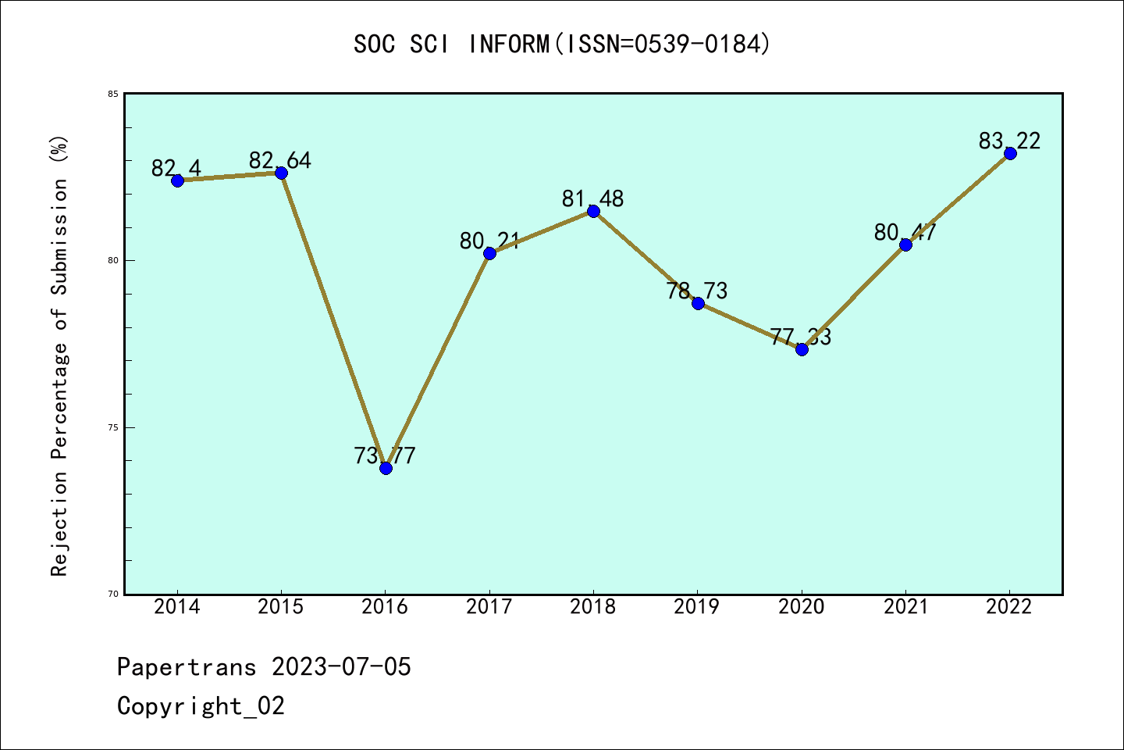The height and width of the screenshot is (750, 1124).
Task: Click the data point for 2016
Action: click(386, 468)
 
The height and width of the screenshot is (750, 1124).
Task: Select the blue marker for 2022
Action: click(1010, 153)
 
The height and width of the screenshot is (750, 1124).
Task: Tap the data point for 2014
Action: click(177, 180)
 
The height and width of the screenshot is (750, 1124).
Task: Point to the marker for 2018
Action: click(593, 211)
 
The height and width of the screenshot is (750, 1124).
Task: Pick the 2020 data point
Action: click(802, 349)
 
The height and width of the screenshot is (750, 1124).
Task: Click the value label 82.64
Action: click(280, 160)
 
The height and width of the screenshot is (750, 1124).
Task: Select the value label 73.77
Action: click(385, 455)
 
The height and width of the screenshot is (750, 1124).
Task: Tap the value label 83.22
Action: click(1009, 141)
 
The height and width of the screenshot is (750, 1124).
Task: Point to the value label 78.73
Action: click(697, 291)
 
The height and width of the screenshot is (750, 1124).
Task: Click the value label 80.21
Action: click(489, 241)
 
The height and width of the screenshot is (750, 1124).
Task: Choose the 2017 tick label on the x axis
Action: click(489, 607)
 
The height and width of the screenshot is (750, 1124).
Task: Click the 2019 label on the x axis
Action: click(697, 607)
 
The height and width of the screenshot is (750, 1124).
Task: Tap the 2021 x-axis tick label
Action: click(905, 607)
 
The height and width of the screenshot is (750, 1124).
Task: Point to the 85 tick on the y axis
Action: click(113, 94)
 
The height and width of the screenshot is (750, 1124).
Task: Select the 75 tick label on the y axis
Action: click(113, 427)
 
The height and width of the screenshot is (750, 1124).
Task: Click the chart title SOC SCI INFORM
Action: click(562, 44)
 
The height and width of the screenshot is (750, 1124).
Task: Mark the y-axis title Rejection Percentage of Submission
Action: click(60, 355)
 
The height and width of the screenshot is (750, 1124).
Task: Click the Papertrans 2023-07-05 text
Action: click(264, 667)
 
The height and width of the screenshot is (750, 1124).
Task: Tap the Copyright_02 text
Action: click(201, 706)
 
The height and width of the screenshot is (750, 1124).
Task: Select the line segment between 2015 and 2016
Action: click(333, 320)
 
